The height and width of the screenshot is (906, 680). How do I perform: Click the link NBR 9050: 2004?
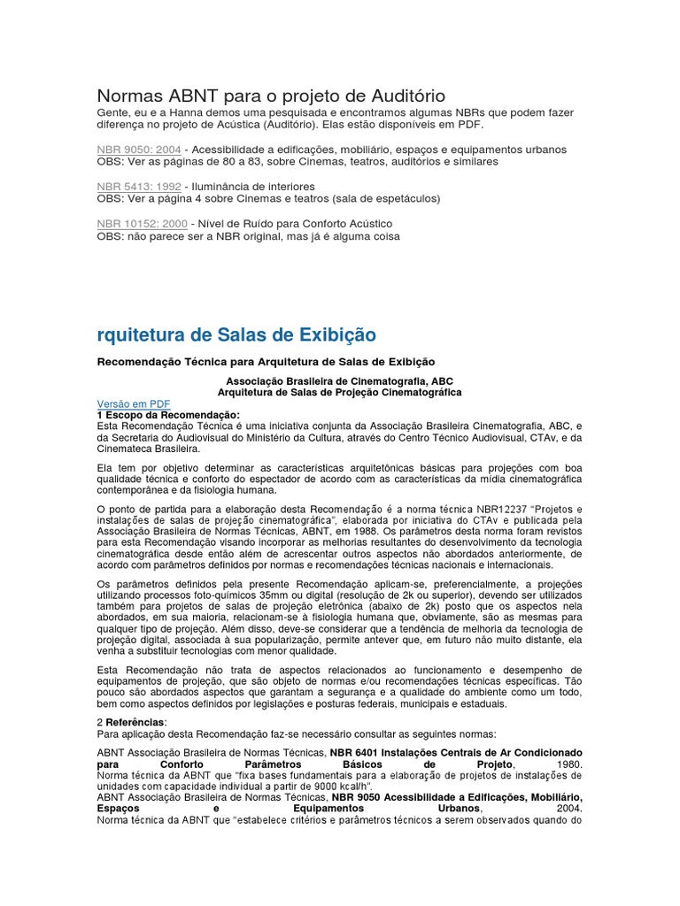pyautogui.click(x=138, y=150)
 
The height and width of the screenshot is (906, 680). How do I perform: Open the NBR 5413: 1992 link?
pyautogui.click(x=138, y=187)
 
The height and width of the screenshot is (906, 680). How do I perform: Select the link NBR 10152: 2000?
pyautogui.click(x=142, y=224)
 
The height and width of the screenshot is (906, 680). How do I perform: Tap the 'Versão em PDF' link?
pyautogui.click(x=133, y=403)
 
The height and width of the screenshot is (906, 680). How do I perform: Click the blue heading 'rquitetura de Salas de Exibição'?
pyautogui.click(x=236, y=334)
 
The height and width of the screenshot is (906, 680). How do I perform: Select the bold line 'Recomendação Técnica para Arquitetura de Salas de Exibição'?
pyautogui.click(x=266, y=362)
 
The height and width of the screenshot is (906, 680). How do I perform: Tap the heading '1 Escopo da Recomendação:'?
pyautogui.click(x=167, y=414)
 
